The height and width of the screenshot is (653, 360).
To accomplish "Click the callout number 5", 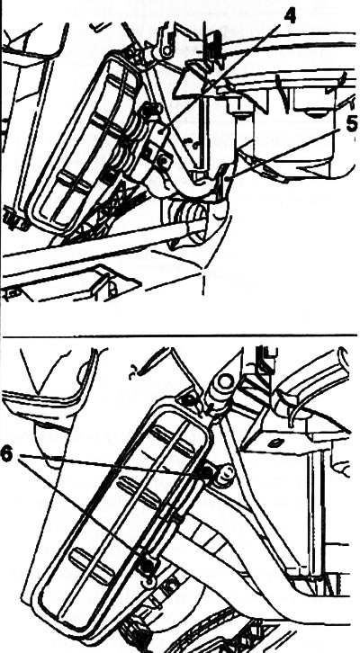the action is (x=352, y=124).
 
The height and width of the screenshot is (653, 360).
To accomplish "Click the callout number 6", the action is (x=6, y=454).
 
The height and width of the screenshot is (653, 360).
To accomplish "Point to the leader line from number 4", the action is (x=221, y=77).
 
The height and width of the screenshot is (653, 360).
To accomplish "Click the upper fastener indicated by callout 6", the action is (x=206, y=472).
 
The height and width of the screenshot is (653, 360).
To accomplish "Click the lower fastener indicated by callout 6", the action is (x=147, y=565).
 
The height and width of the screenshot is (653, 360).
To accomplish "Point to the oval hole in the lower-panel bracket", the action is (x=274, y=443).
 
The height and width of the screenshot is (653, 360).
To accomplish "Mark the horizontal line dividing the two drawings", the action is (x=180, y=335).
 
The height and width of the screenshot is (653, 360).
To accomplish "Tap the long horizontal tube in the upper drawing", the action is (x=100, y=247).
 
